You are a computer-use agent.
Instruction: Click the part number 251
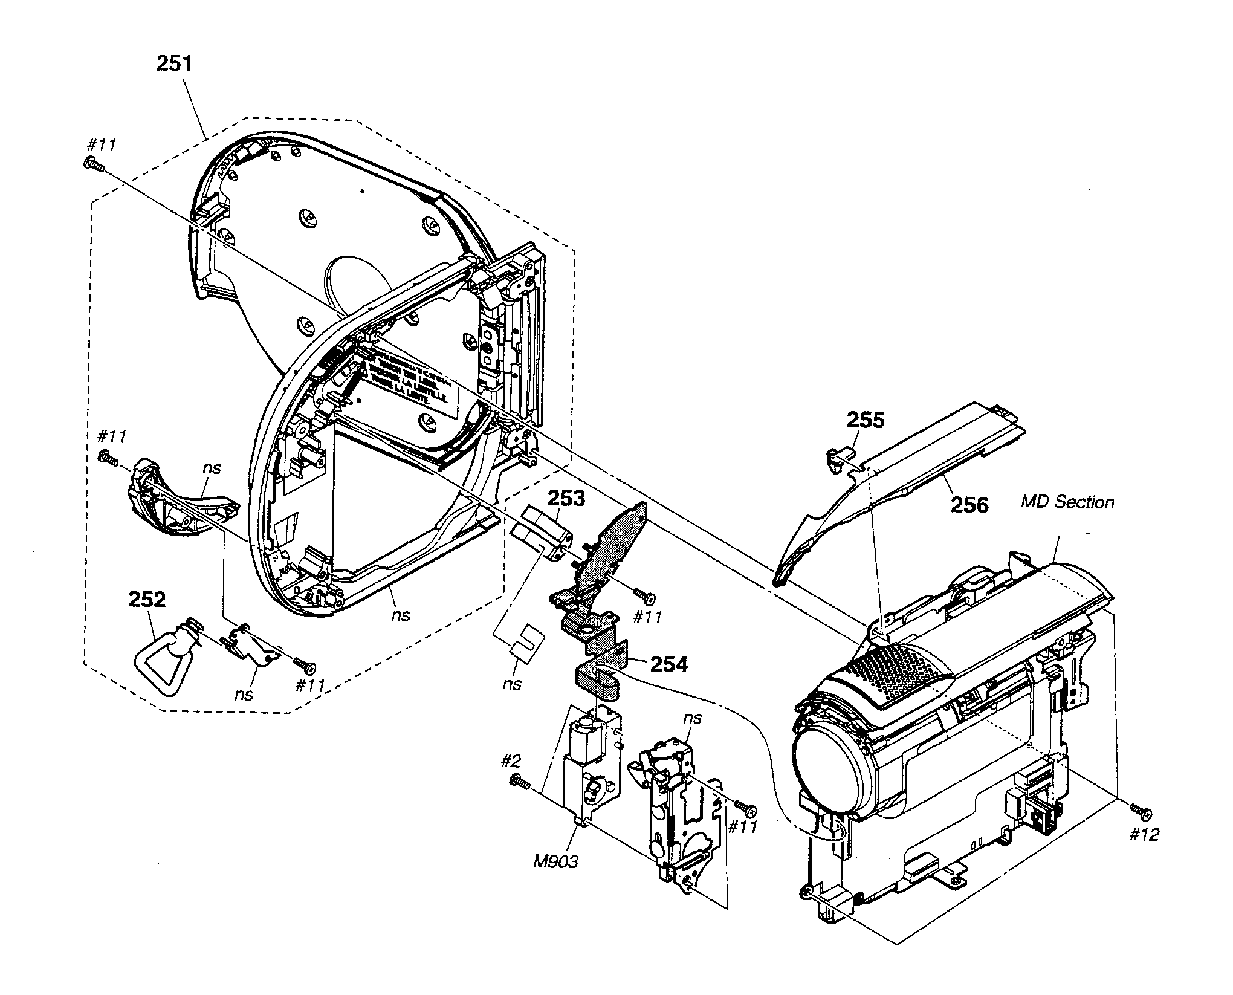pyautogui.click(x=174, y=63)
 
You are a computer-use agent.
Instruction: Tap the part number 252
pyautogui.click(x=147, y=599)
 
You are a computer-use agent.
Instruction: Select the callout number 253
pyautogui.click(x=566, y=499)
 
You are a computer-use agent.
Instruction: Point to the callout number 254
pyautogui.click(x=669, y=664)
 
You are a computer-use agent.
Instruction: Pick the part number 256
pyautogui.click(x=970, y=504)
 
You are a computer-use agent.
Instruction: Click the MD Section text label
pyautogui.click(x=1067, y=502)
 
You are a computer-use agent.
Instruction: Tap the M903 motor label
pyautogui.click(x=555, y=861)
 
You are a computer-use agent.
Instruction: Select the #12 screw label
pyautogui.click(x=1144, y=835)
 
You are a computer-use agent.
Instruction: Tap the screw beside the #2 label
pyautogui.click(x=520, y=782)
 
